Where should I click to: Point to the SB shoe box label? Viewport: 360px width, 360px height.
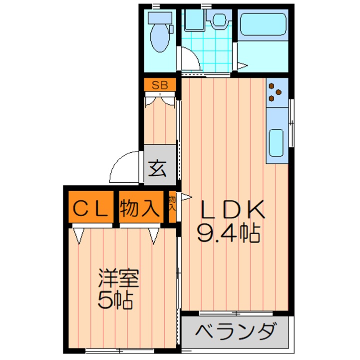click(160, 85)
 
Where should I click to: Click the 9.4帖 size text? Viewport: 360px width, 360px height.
click(229, 233)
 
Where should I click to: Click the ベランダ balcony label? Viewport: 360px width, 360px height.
click(235, 331)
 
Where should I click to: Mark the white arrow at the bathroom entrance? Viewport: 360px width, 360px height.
click(242, 65)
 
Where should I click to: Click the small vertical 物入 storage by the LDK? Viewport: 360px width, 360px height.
click(172, 203)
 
